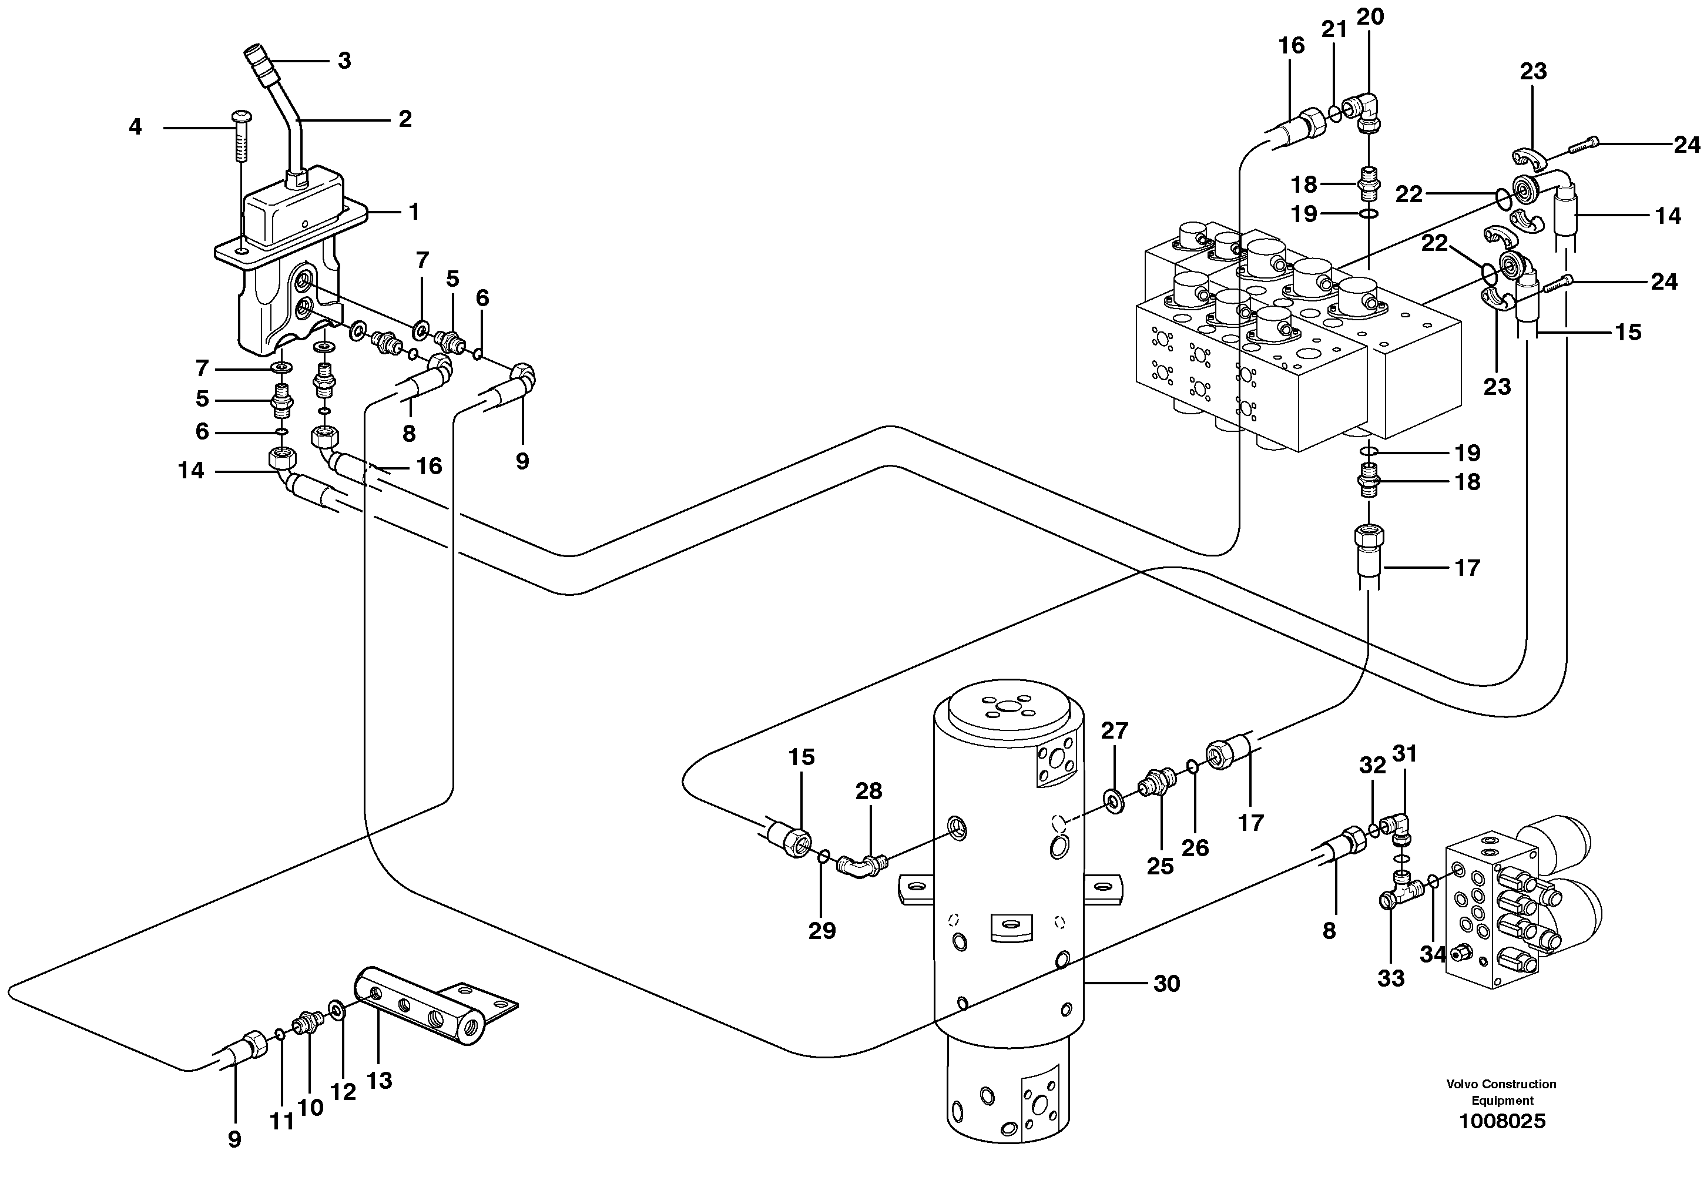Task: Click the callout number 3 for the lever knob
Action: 344,61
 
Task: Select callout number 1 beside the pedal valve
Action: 414,212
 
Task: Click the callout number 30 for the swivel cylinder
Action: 1166,983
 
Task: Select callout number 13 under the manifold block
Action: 379,1081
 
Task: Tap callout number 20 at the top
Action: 1370,17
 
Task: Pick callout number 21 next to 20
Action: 1334,29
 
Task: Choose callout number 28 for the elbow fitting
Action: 868,792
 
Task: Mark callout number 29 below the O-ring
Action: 821,931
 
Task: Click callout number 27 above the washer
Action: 1114,731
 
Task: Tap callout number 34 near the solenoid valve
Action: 1433,954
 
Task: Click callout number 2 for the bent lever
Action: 405,119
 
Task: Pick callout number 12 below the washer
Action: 343,1092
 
